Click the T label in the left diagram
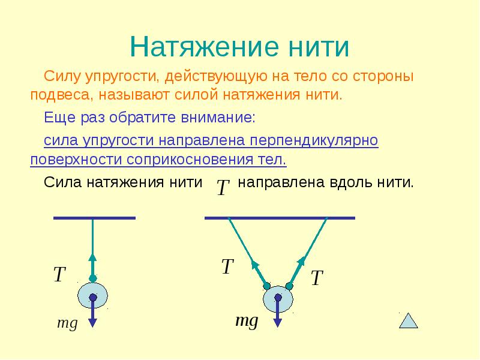[x=59, y=275]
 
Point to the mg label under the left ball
[x=67, y=323]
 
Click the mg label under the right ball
[x=246, y=320]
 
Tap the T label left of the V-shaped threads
[x=227, y=267]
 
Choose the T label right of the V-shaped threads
[x=317, y=278]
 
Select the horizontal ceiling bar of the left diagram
[x=94, y=218]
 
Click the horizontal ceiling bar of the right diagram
[x=280, y=218]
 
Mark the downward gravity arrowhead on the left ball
[x=93, y=322]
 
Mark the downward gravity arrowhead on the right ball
[x=278, y=322]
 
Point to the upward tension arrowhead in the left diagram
[x=93, y=256]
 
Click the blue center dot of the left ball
[x=93, y=297]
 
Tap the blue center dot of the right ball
[x=278, y=297]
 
